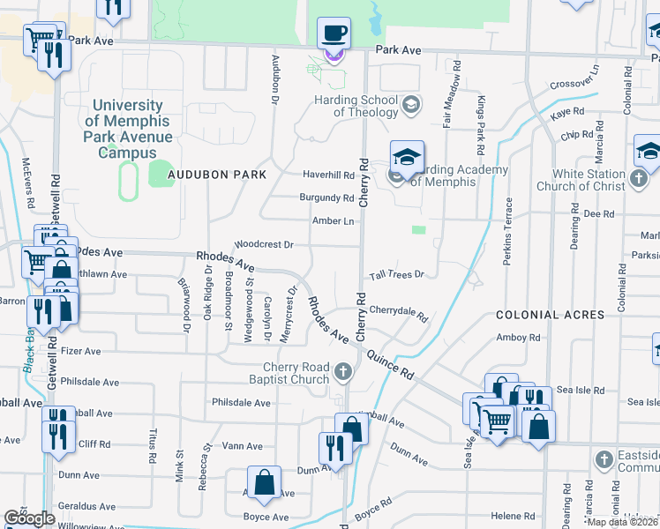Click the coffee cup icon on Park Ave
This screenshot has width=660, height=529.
click(334, 34)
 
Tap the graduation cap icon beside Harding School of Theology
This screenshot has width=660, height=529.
click(409, 106)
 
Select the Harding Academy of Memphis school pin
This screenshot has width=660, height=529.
click(406, 158)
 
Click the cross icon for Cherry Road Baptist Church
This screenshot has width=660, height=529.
click(345, 374)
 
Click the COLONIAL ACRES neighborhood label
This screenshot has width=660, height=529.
click(550, 315)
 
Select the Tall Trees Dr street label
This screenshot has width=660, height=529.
click(397, 274)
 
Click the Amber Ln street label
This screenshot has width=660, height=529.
click(334, 220)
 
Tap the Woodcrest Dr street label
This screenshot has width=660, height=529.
click(264, 244)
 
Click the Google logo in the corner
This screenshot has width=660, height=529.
click(30, 518)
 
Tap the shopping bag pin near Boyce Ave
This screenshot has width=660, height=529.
click(264, 482)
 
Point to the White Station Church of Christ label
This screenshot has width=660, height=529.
click(589, 180)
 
